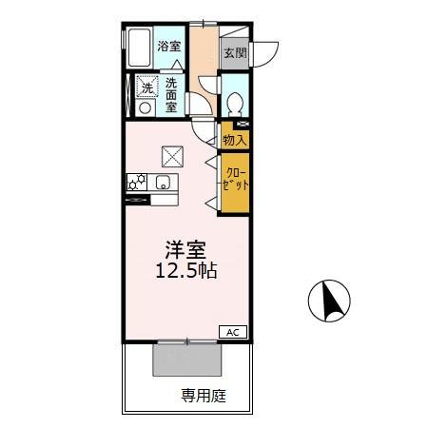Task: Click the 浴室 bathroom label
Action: [169, 47]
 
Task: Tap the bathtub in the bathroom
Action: [140, 48]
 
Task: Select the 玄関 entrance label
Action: [235, 53]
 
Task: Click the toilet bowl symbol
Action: [235, 103]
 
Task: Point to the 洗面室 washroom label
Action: [171, 95]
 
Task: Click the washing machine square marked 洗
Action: [146, 86]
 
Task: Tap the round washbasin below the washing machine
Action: [146, 107]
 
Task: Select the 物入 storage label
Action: [235, 140]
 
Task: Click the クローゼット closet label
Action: [235, 179]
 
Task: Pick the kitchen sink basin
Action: [164, 183]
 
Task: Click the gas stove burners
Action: [137, 183]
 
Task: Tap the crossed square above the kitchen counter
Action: [172, 157]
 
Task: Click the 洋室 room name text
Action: [185, 250]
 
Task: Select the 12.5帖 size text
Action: [186, 271]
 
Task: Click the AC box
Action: [233, 333]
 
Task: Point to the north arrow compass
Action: [329, 301]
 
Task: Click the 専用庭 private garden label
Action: [204, 396]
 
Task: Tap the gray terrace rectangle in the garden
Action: [187, 360]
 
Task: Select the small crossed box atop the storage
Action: [242, 125]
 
